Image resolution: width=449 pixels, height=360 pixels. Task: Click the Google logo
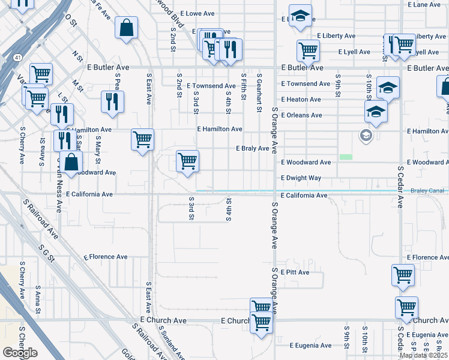click(x=19, y=353)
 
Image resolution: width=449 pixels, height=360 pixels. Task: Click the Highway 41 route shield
click(x=19, y=58)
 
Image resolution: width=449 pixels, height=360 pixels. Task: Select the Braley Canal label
click(x=427, y=191)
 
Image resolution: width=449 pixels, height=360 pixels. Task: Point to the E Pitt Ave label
click(x=294, y=272)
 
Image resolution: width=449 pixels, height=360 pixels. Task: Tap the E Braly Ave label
click(x=252, y=148)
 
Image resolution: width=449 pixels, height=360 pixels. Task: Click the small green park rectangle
click(x=345, y=157)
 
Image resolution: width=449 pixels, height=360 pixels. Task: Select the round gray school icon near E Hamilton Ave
click(x=365, y=136)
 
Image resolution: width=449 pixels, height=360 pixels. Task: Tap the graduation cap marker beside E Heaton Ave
click(x=388, y=88)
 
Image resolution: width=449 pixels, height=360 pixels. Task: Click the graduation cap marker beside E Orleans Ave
click(x=376, y=112)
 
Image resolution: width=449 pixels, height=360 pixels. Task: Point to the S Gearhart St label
click(x=259, y=94)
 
